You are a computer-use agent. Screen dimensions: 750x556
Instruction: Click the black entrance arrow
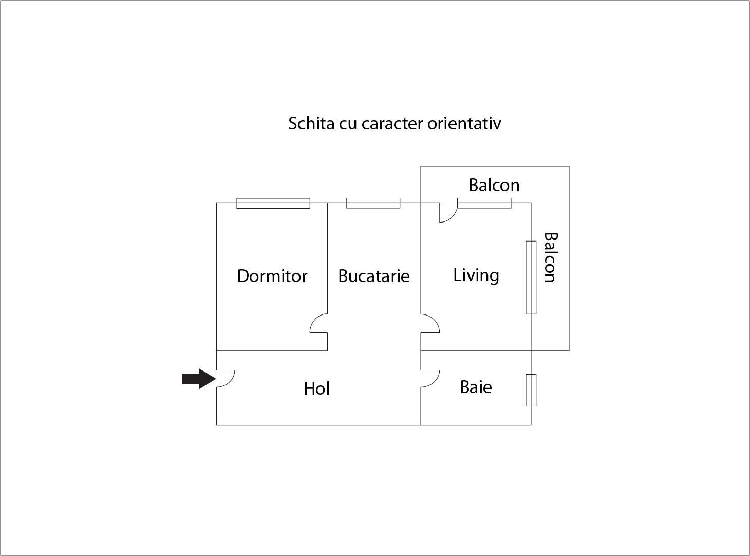click(199, 379)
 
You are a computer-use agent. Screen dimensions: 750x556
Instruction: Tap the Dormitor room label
click(272, 276)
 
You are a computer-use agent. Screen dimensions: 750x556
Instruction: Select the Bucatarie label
click(373, 276)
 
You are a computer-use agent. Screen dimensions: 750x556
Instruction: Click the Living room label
click(476, 276)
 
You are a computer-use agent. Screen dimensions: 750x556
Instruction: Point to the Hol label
click(316, 388)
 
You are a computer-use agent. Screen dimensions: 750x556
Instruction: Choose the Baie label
click(476, 387)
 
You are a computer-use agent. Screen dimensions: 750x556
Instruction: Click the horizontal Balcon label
click(494, 185)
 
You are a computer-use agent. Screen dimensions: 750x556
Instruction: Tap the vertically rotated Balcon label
click(550, 257)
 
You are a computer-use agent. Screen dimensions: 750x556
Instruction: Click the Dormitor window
click(273, 203)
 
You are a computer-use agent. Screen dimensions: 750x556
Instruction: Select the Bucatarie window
click(373, 203)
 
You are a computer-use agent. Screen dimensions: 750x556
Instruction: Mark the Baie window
click(531, 390)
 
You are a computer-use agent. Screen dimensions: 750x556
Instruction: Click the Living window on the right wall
click(531, 277)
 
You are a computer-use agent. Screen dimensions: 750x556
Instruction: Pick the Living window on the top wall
click(484, 203)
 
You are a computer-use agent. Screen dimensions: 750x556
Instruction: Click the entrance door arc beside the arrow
click(226, 379)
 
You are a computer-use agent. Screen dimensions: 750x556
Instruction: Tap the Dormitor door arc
click(318, 323)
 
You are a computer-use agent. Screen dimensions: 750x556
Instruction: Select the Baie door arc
click(430, 379)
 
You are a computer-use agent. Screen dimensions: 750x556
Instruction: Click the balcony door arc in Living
click(448, 213)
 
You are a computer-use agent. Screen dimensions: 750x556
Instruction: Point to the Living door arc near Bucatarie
click(430, 323)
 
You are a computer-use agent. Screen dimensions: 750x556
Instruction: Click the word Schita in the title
click(311, 123)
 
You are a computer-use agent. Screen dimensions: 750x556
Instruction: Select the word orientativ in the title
click(464, 123)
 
